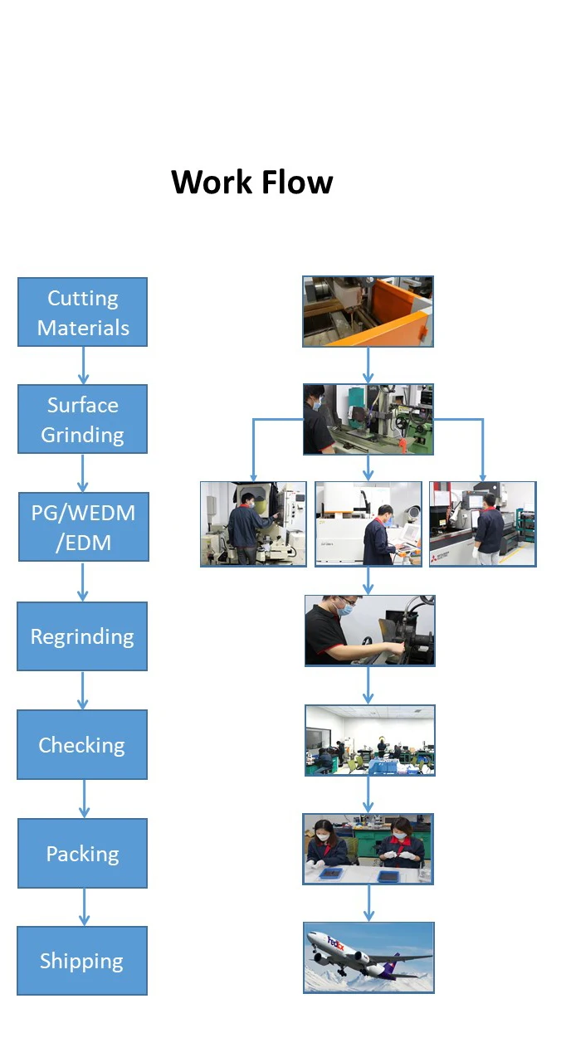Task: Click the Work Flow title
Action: tap(251, 182)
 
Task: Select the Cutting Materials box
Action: tap(82, 312)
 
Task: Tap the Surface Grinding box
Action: tap(82, 419)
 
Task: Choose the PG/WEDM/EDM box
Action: tap(82, 527)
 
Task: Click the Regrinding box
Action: tap(82, 636)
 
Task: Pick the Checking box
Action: tap(82, 744)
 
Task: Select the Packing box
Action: tap(82, 853)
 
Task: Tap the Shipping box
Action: tap(82, 961)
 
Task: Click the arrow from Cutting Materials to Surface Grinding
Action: tap(83, 365)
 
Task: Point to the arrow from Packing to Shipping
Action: tap(83, 907)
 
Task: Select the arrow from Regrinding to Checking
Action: tap(83, 690)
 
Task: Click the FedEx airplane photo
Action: tap(368, 957)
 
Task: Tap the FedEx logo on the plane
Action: tap(336, 943)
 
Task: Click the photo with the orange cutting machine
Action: tap(368, 311)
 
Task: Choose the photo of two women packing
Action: tap(368, 849)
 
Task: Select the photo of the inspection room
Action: tap(369, 740)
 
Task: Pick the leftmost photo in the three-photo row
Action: tap(253, 524)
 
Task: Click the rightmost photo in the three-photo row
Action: tap(482, 524)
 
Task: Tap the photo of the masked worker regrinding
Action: tap(369, 631)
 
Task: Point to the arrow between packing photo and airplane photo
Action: tap(368, 903)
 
